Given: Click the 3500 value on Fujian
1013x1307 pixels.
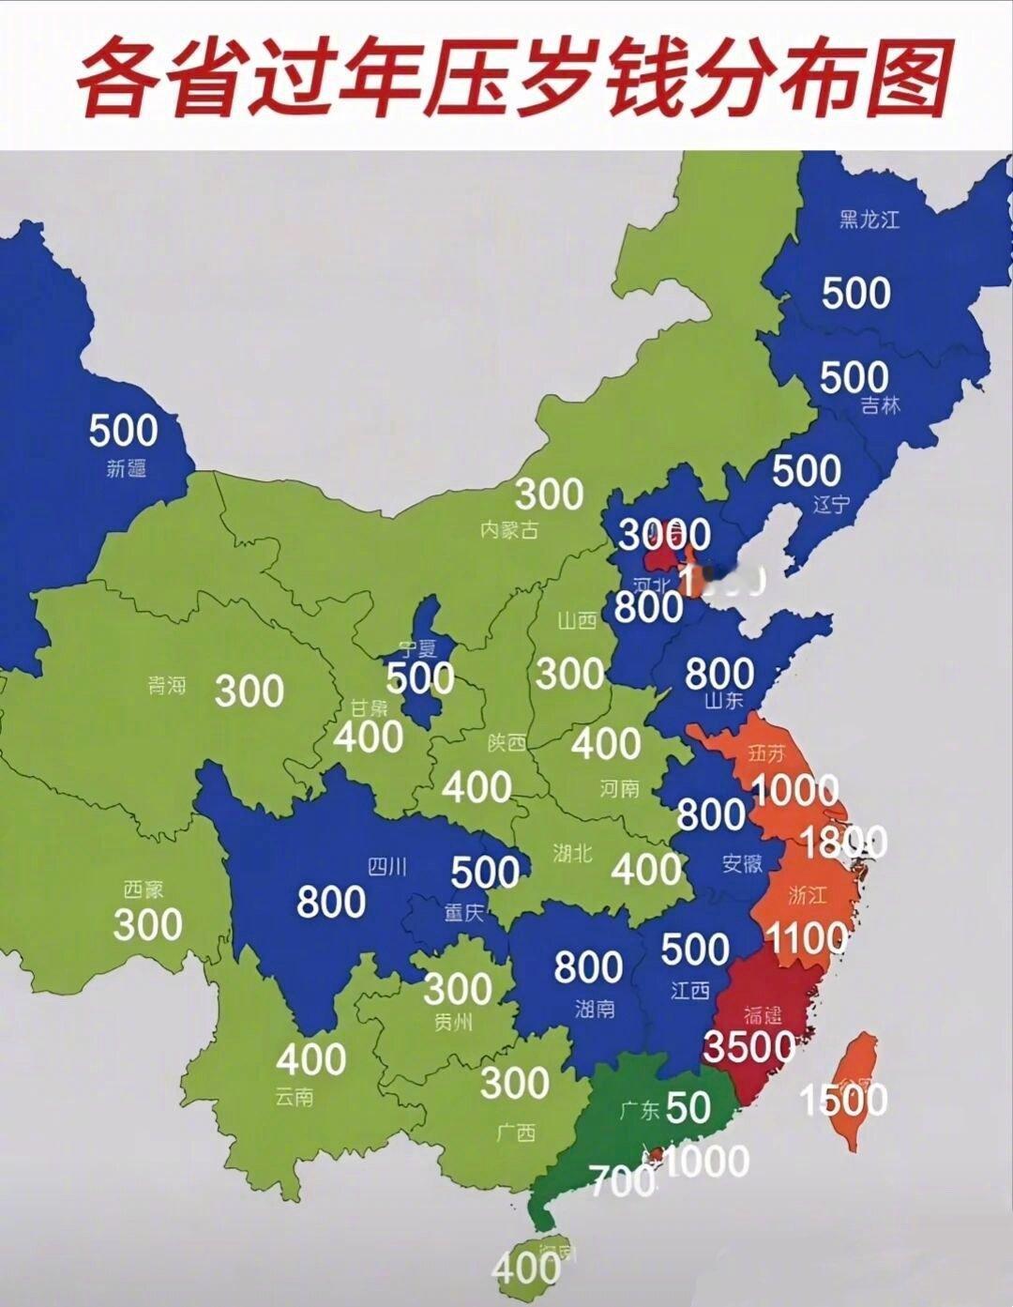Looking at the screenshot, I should pyautogui.click(x=749, y=1045).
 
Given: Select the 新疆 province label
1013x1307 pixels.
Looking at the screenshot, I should pyautogui.click(x=127, y=467).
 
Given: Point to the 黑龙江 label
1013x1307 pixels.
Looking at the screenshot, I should pyautogui.click(x=869, y=220).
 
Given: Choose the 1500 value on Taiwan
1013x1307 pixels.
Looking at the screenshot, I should pyautogui.click(x=843, y=1099).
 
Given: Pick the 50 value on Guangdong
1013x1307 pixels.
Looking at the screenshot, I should pyautogui.click(x=688, y=1108).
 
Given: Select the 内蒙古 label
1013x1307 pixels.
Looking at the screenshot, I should pyautogui.click(x=508, y=529).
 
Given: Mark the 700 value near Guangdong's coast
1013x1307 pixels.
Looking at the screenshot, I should pyautogui.click(x=622, y=1179).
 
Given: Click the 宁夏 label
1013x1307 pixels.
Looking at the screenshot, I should pyautogui.click(x=417, y=647).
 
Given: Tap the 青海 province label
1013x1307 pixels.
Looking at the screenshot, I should pyautogui.click(x=166, y=686).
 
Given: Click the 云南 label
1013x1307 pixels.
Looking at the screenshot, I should pyautogui.click(x=295, y=1096).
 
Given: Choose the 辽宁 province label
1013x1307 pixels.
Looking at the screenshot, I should pyautogui.click(x=830, y=504).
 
